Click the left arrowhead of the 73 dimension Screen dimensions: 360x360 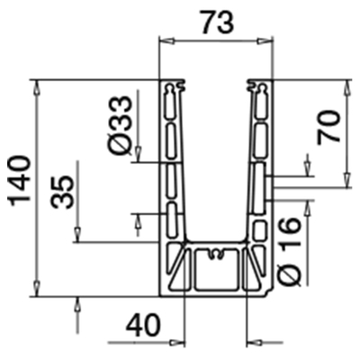[x=165, y=41]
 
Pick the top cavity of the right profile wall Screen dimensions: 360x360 [x=261, y=106]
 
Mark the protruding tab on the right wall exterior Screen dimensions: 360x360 [x=271, y=184]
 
